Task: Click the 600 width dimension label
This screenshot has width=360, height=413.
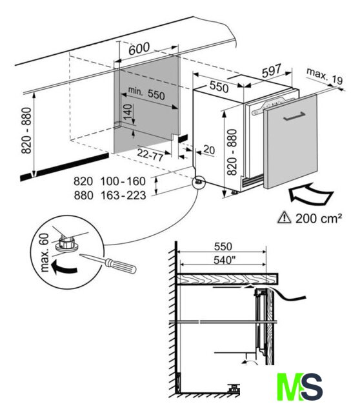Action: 139,49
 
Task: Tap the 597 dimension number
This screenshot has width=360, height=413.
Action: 272,71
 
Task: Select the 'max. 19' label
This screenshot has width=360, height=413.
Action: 325,76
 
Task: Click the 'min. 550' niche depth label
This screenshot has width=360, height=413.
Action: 146,93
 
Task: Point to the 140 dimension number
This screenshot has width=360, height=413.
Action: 128,112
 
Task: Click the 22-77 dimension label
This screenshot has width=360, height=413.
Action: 150,155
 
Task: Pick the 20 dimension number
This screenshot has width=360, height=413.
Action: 209,150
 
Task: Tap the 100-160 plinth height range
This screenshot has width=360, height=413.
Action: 123,181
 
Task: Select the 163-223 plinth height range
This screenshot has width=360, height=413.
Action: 123,195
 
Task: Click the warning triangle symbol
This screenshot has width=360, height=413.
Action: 285,218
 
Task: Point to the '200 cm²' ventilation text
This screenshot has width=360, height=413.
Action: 319,218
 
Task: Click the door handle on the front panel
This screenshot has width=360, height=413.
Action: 294,116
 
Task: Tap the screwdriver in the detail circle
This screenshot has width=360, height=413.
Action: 108,263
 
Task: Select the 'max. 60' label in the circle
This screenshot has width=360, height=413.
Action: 45,252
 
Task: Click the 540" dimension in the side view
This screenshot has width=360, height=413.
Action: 224,260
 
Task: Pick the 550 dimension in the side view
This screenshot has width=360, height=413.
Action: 223,247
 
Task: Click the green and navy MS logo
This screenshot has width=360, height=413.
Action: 300,387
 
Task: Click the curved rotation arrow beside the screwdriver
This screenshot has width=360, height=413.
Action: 63,267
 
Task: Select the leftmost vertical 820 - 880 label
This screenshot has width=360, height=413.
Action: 26,130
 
